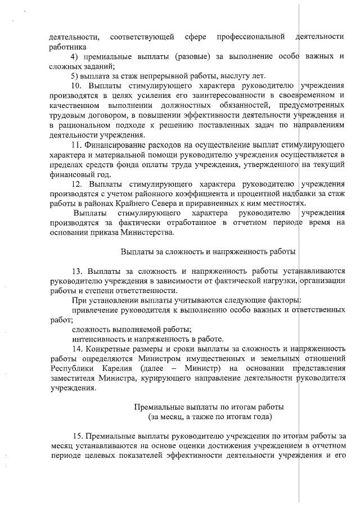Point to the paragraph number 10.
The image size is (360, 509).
click(x=78, y=85)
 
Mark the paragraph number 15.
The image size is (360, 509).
click(x=78, y=435)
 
